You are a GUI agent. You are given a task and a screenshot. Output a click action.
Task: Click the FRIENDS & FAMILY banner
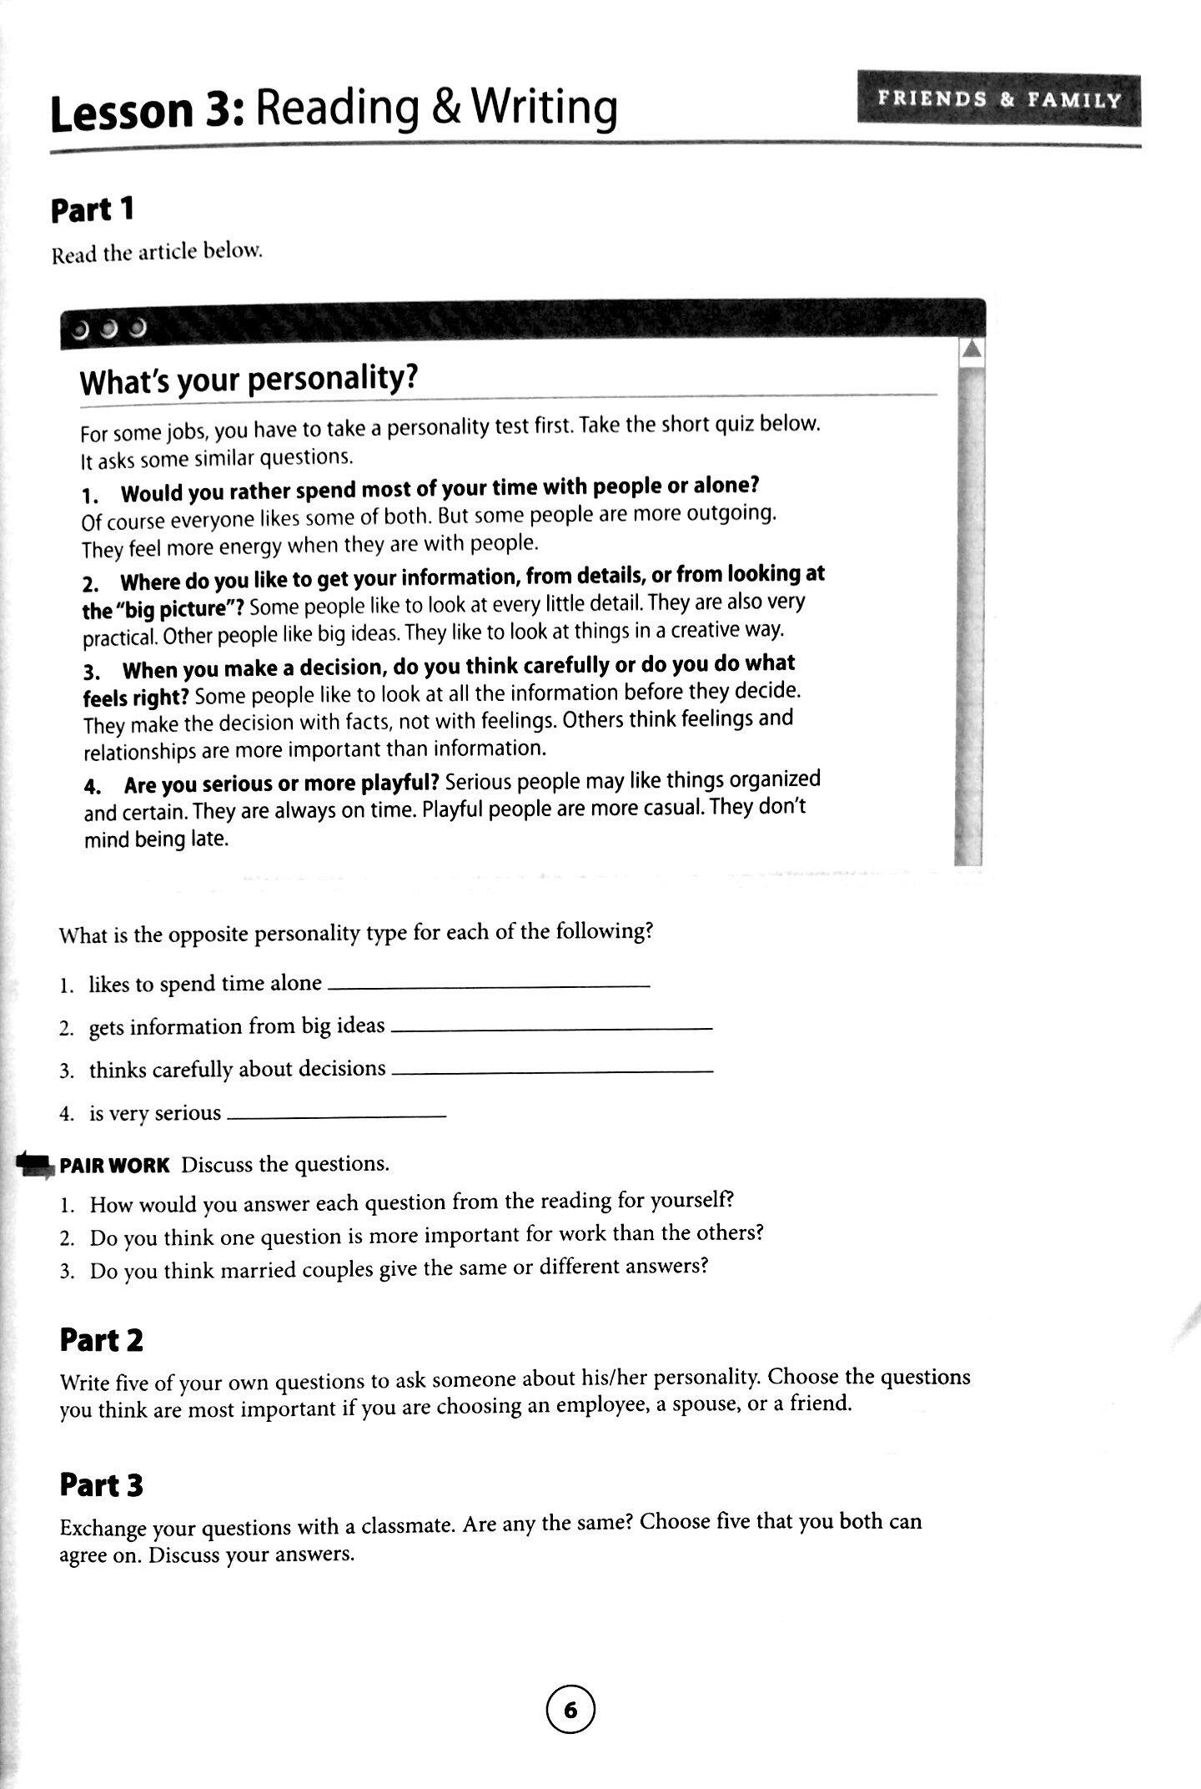[x=998, y=100]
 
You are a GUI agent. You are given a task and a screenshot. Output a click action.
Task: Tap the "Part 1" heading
[x=93, y=209]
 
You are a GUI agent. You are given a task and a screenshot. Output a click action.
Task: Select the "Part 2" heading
[x=101, y=1340]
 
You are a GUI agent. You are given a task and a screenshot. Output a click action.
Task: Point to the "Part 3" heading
[x=101, y=1484]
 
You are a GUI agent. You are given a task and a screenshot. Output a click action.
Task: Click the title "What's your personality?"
[x=248, y=380]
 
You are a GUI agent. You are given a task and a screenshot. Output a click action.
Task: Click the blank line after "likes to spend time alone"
[x=489, y=987]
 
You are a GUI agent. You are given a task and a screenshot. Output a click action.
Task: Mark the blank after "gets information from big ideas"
[x=551, y=1030]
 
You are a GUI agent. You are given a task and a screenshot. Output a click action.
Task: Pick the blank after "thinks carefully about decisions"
[x=551, y=1072]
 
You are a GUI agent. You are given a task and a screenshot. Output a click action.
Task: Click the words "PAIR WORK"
[x=114, y=1165]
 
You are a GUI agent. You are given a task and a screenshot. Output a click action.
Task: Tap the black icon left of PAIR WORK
[x=34, y=1163]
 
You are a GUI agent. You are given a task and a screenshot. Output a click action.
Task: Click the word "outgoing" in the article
[x=730, y=513]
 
